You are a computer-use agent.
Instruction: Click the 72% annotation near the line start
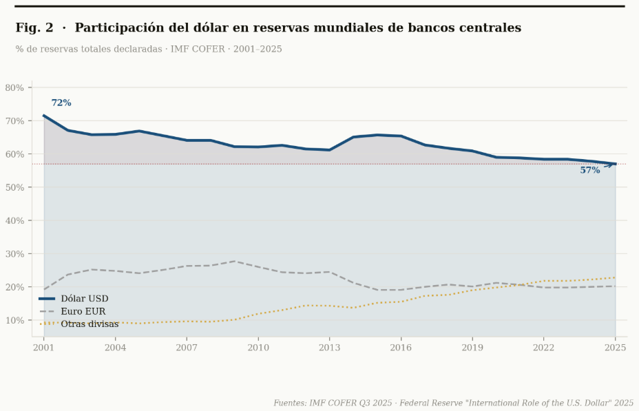(61, 103)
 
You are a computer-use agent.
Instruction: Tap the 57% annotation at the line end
(589, 170)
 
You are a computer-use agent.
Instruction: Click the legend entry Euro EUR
(83, 311)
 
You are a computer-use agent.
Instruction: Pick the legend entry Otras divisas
(90, 324)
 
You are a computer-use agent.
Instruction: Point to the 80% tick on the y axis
(14, 87)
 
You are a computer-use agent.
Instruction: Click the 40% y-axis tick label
(14, 220)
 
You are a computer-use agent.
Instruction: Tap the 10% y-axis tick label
(14, 320)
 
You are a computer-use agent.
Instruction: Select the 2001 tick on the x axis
(43, 348)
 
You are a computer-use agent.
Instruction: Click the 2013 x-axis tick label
(329, 348)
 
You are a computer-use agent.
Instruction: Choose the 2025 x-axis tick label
(616, 348)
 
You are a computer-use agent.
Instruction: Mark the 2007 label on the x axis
(187, 348)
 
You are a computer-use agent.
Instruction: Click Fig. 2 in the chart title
(34, 28)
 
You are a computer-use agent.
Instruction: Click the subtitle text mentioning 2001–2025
(148, 50)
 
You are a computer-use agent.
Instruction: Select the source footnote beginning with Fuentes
(453, 403)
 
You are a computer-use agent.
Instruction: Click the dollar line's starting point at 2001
(44, 116)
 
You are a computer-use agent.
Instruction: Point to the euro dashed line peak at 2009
(234, 261)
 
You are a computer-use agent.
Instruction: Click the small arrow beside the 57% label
(608, 165)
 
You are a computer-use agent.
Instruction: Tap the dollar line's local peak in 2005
(139, 131)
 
